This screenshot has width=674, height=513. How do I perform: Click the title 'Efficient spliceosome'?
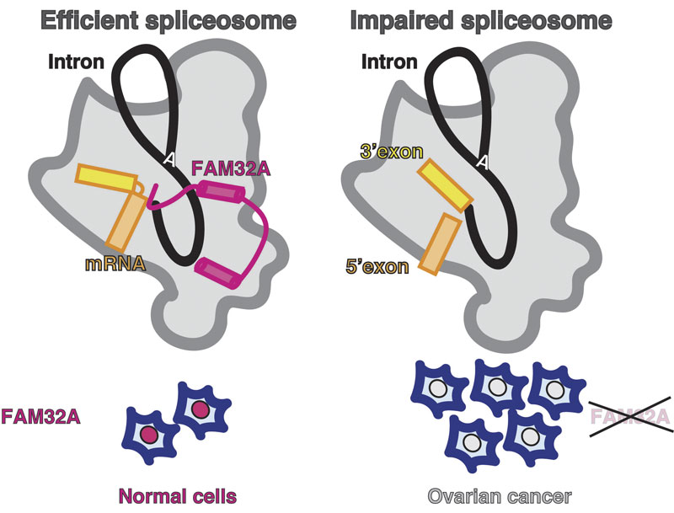pos(155,19)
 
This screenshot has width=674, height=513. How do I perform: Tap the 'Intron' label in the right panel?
pos(390,61)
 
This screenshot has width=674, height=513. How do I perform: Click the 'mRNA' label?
pos(112,263)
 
